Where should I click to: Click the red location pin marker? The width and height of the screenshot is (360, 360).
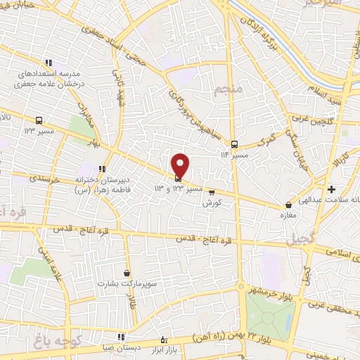click(x=181, y=165)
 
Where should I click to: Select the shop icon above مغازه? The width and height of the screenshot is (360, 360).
click(x=288, y=205)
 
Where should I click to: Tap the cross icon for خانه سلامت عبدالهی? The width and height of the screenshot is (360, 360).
click(x=331, y=189)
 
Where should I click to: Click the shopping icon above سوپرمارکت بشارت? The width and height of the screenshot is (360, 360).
click(x=127, y=273)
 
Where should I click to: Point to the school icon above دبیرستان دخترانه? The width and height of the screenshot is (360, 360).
click(x=103, y=169)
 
